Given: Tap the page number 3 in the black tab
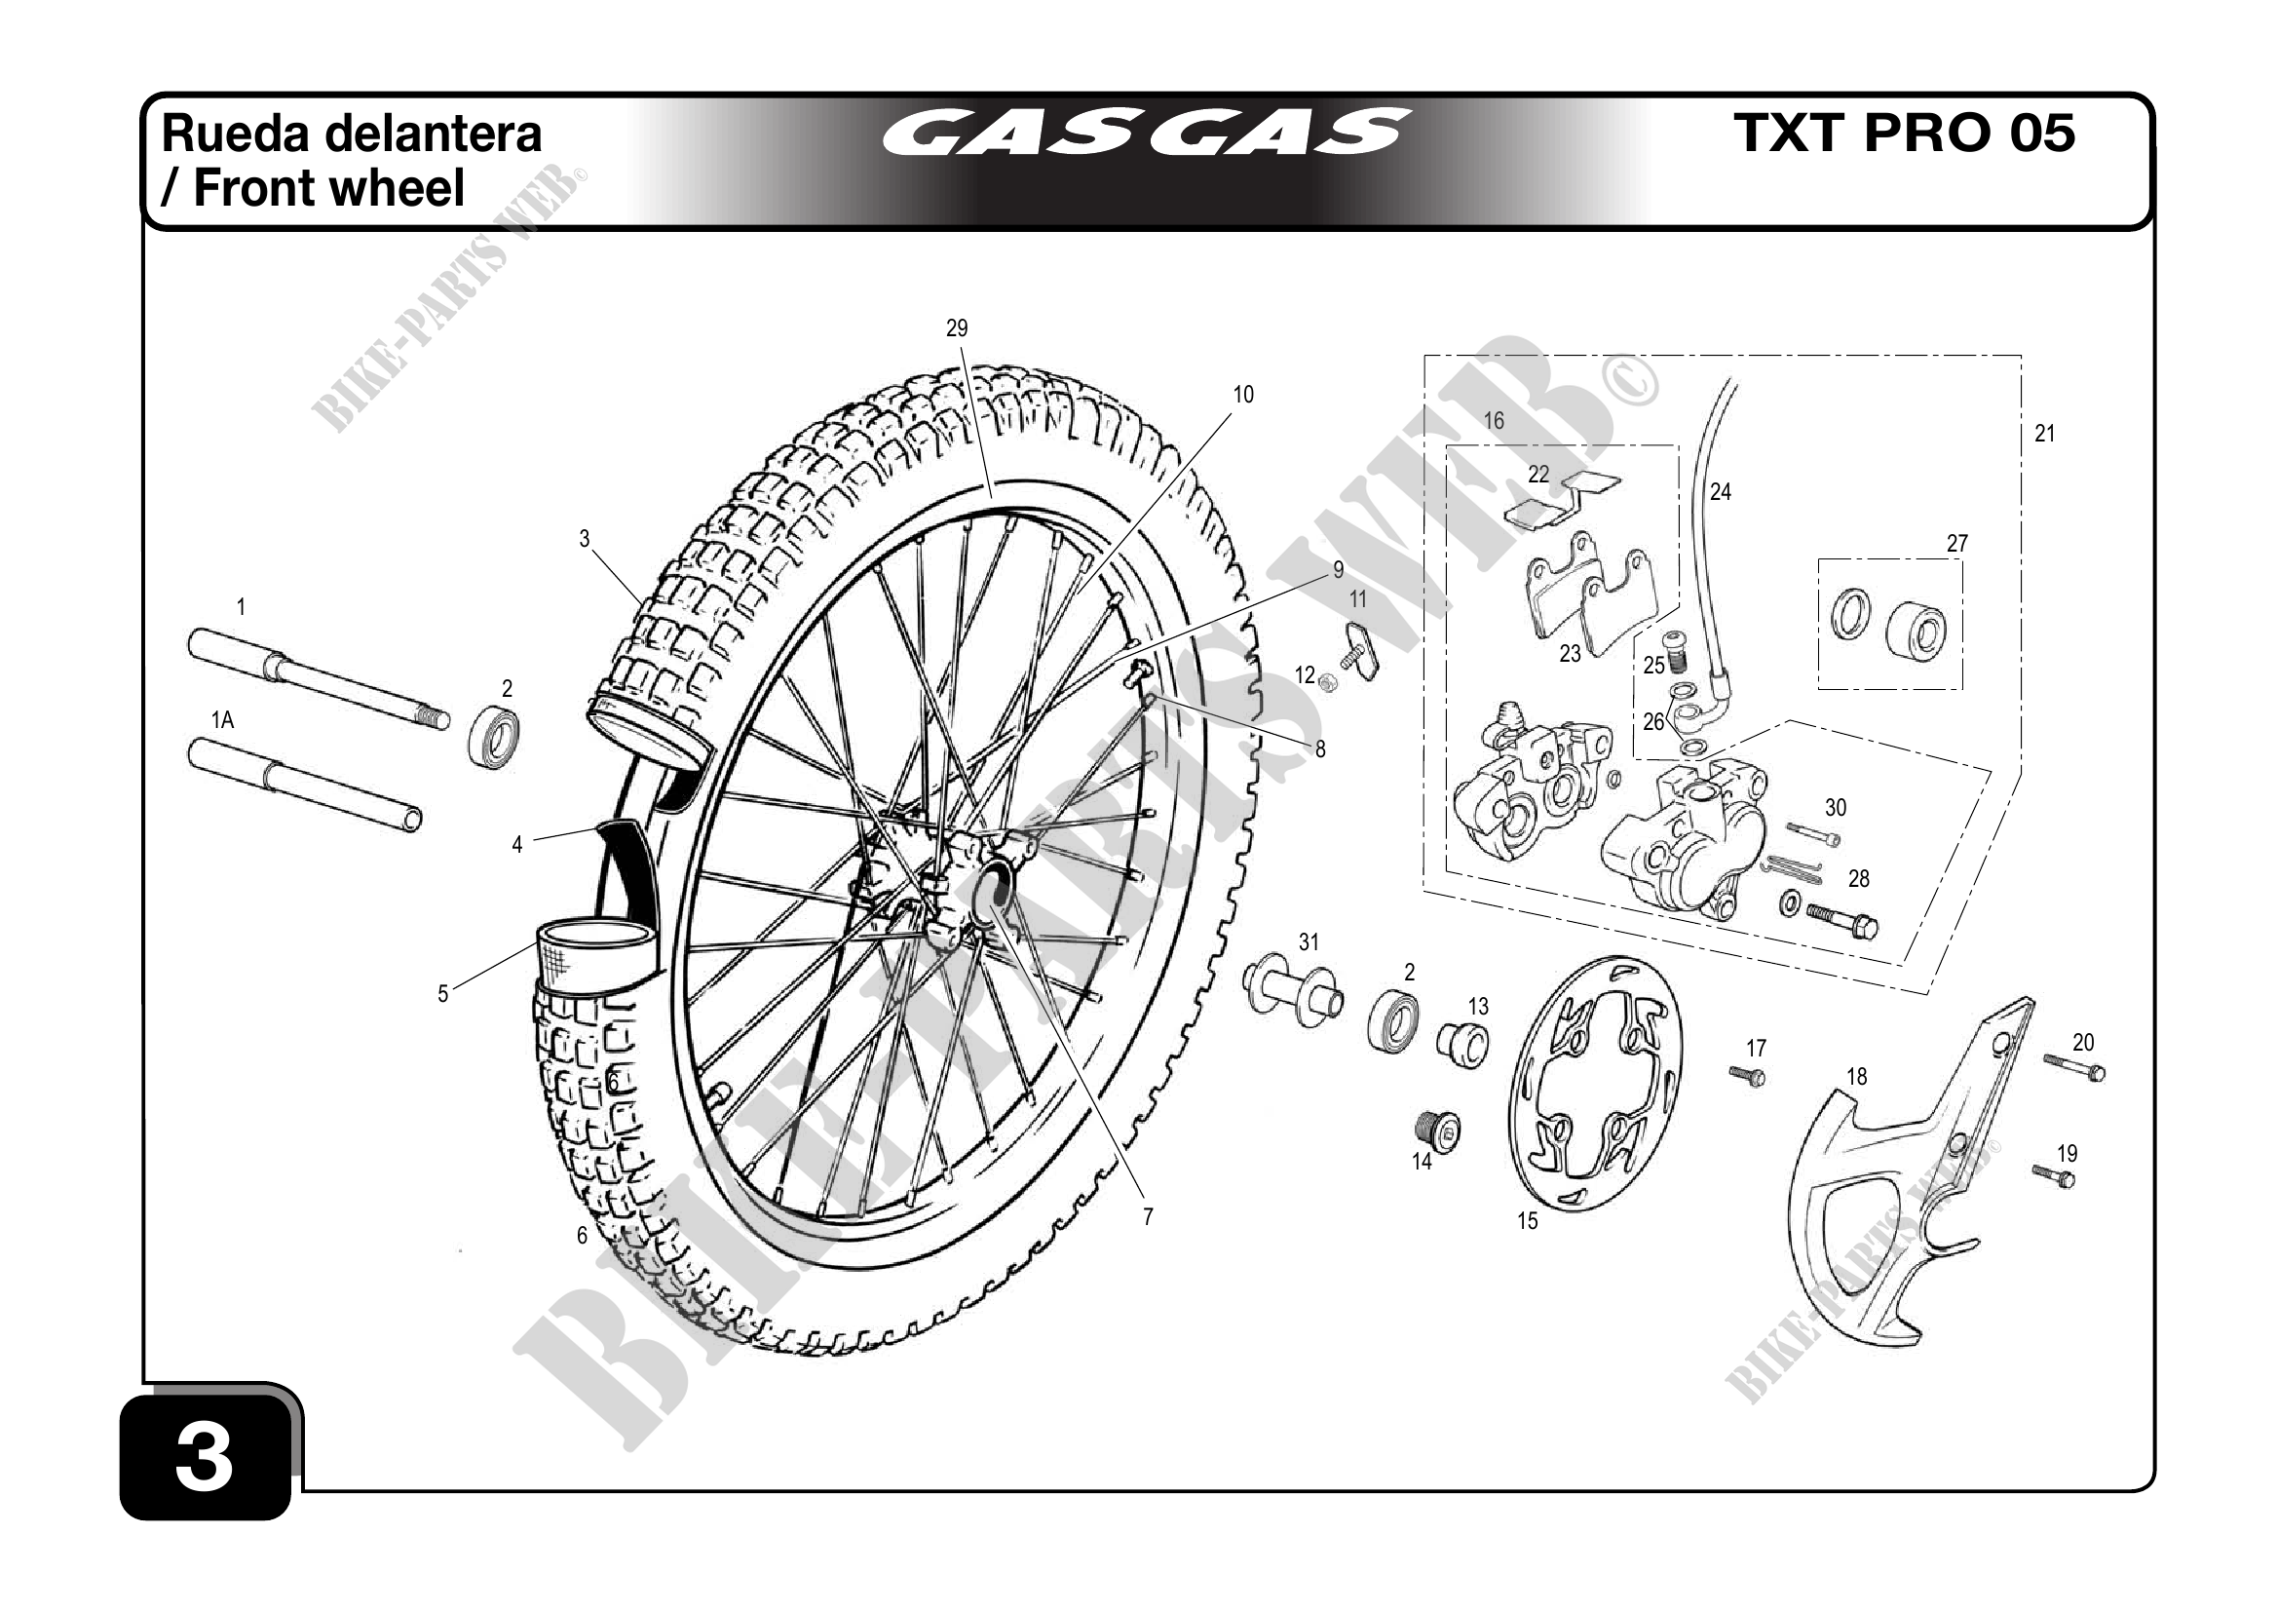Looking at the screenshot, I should [205, 1457].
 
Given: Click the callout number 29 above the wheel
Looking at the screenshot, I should [956, 328].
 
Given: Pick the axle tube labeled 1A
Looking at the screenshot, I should [302, 784].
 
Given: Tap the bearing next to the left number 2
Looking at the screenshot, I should [495, 735].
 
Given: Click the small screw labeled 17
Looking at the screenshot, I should [1746, 1075].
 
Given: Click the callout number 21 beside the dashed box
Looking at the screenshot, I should [2045, 434].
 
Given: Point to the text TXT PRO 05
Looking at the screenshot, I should [1904, 134].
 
